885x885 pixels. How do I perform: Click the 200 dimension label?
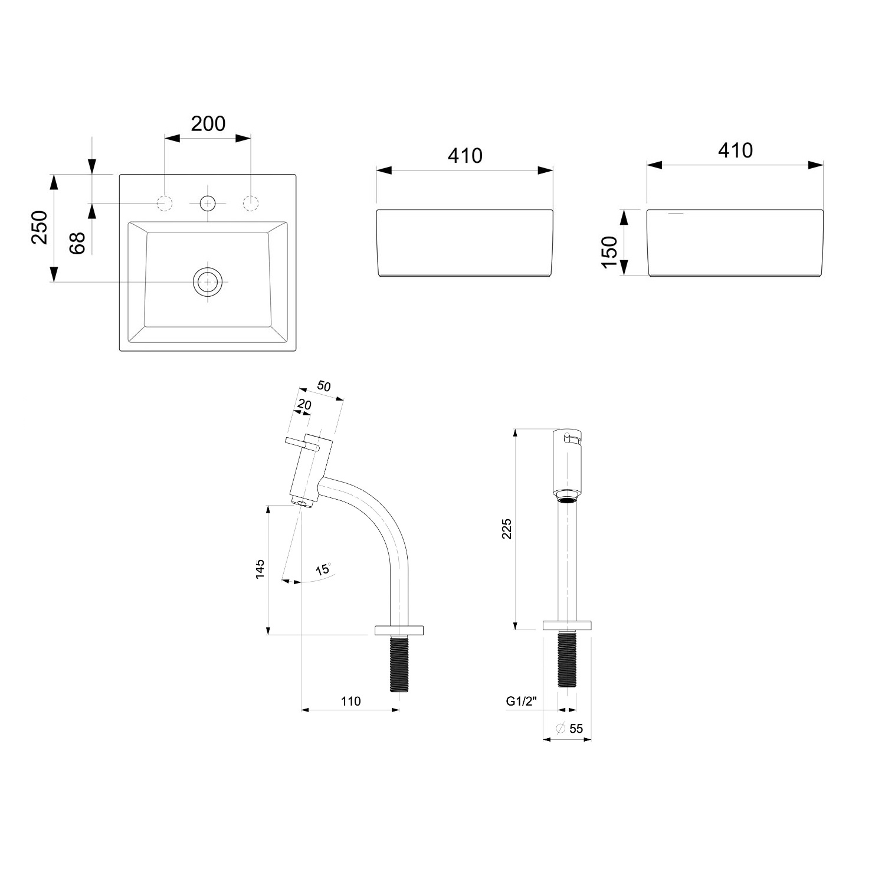(208, 124)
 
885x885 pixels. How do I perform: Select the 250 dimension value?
(40, 227)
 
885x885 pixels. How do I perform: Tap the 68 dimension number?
(77, 242)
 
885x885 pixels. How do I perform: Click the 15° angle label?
(323, 570)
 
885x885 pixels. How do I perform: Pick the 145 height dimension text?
(260, 569)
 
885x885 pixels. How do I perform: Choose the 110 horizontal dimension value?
(350, 701)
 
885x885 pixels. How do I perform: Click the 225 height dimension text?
(507, 529)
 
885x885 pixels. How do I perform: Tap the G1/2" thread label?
(521, 701)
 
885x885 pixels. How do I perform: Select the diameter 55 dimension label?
(569, 729)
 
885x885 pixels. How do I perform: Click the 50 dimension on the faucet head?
(324, 386)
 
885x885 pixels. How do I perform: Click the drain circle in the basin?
(208, 282)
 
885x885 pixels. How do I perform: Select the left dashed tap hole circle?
(165, 203)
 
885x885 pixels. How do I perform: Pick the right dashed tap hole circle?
(251, 203)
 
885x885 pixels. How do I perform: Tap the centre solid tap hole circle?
(208, 204)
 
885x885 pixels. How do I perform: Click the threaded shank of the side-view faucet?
(399, 663)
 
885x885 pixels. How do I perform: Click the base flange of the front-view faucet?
(567, 625)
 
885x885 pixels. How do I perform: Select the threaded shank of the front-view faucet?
(567, 658)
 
